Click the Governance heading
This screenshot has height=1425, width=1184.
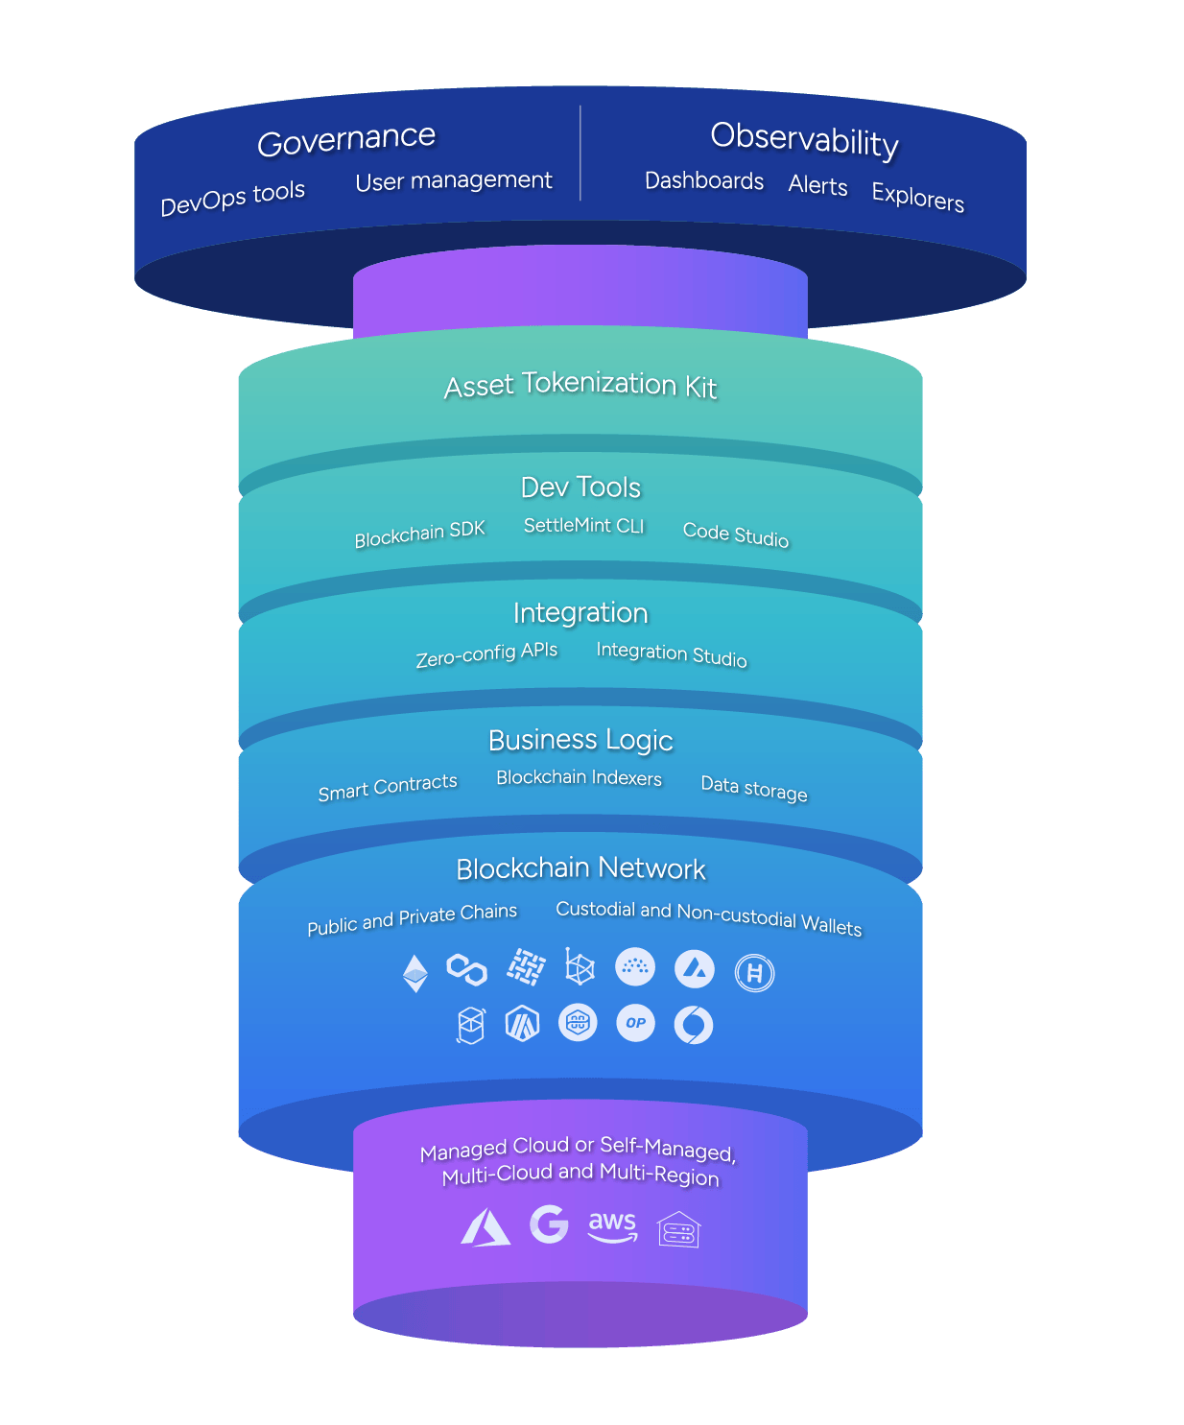pos(346,140)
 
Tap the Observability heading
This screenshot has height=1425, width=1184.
pos(804,139)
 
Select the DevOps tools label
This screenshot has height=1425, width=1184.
pos(232,198)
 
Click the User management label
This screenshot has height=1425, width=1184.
pos(454,180)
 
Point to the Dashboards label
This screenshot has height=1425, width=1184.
pos(704,180)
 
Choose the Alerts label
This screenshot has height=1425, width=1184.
pos(817,185)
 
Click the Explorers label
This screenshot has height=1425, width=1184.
pos(917,197)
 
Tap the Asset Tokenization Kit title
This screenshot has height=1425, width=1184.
pos(580,385)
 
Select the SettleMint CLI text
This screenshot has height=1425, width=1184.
pos(583,525)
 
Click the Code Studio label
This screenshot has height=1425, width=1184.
pos(735,534)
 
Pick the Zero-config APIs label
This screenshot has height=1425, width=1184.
pos(486,654)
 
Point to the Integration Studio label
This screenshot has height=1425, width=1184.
pos(671,653)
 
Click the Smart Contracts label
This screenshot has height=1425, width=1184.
pos(388,787)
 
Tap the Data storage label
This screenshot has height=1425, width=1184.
pos(753,788)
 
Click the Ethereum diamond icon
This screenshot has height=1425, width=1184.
pos(415,973)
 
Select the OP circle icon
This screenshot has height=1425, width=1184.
pos(635,1023)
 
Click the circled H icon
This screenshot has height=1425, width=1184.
pos(754,973)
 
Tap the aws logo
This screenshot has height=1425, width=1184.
pos(612,1226)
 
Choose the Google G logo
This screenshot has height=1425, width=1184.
pos(549,1224)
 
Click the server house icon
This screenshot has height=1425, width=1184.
pos(678,1229)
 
